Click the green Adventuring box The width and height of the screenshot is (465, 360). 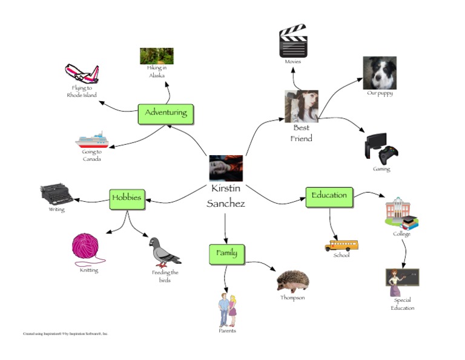click(166, 113)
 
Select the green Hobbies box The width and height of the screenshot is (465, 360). click(127, 198)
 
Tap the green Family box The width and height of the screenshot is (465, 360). click(226, 253)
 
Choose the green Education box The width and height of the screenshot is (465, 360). click(329, 196)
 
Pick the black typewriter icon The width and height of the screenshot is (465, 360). click(56, 195)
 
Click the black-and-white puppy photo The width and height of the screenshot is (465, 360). click(380, 73)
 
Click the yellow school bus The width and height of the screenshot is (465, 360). click(341, 245)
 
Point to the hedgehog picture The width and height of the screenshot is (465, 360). click(293, 281)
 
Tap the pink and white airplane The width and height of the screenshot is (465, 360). click(82, 75)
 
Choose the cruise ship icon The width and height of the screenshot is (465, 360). click(92, 141)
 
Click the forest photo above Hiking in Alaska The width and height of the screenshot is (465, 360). click(157, 56)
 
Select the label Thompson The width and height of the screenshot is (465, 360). click(292, 298)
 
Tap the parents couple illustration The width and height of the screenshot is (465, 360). click(227, 309)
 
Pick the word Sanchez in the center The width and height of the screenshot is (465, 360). click(226, 204)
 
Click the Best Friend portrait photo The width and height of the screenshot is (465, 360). click(302, 106)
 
